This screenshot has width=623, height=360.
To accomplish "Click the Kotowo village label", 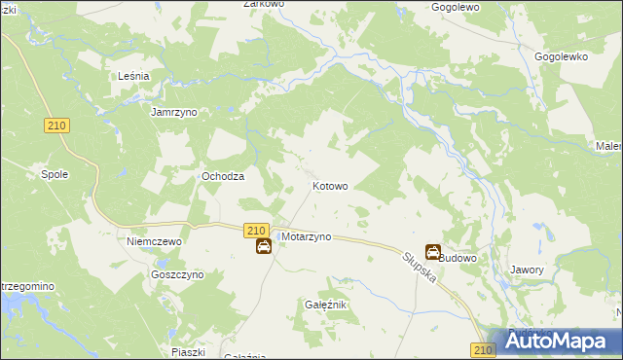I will click(330, 185).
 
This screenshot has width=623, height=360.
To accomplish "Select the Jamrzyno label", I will click(174, 112).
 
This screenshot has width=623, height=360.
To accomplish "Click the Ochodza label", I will click(222, 176).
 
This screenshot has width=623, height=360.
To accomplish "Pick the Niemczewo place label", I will click(156, 240).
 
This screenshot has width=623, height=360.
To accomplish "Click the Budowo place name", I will click(458, 258).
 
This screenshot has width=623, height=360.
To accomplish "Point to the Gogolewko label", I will click(562, 57).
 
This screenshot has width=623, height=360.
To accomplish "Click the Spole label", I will click(53, 175).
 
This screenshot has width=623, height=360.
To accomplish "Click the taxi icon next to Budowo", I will click(433, 252).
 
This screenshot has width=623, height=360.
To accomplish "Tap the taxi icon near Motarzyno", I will click(263, 247).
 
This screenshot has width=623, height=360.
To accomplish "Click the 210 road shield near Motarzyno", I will click(256, 230).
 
